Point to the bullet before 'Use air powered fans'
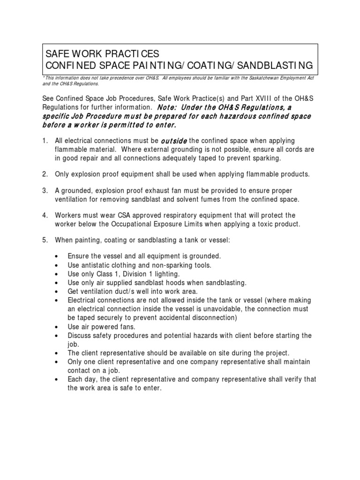coord(57,327)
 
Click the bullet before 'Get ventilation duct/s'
coord(57,291)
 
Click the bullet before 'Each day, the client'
coord(57,379)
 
